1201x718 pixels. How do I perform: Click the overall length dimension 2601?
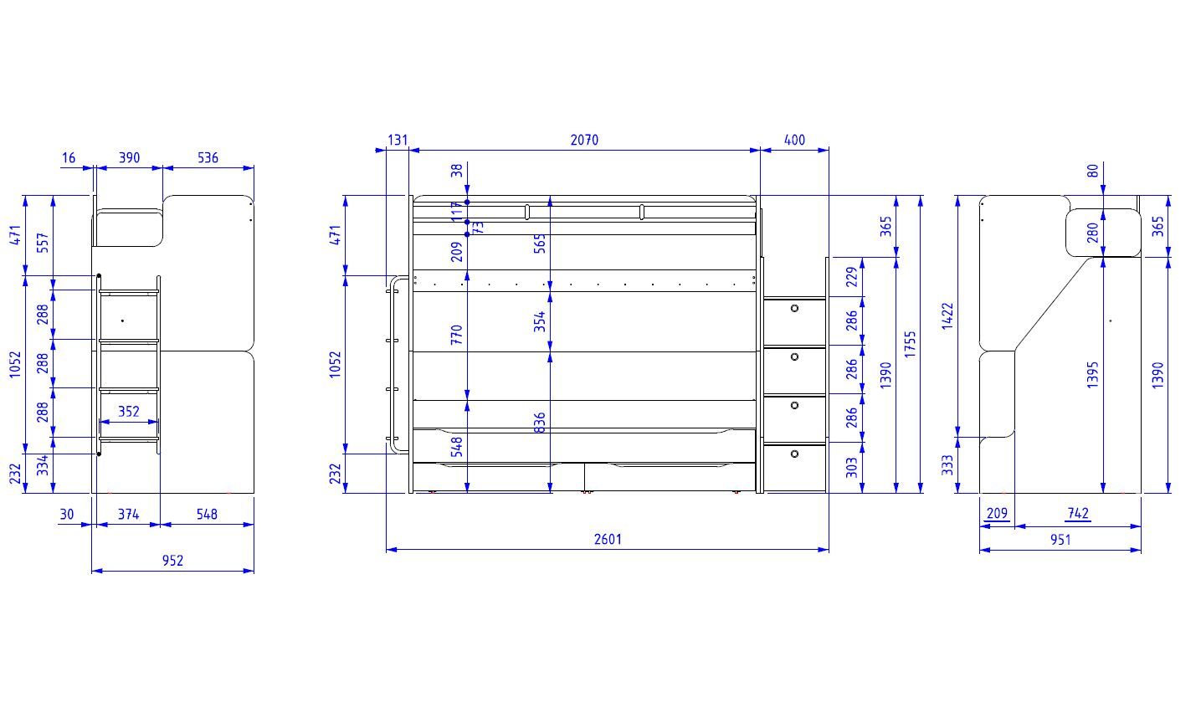[608, 539]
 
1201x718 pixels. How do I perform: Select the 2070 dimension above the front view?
[584, 140]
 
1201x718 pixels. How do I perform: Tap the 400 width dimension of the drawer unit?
[794, 140]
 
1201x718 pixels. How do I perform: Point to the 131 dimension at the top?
[398, 140]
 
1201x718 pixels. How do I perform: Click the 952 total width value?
[172, 561]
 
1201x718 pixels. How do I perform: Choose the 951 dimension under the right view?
[1060, 540]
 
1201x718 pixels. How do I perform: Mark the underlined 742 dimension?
[1078, 514]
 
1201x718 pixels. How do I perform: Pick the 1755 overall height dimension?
[910, 344]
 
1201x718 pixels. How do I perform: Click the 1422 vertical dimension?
[947, 316]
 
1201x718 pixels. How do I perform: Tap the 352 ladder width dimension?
[129, 411]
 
